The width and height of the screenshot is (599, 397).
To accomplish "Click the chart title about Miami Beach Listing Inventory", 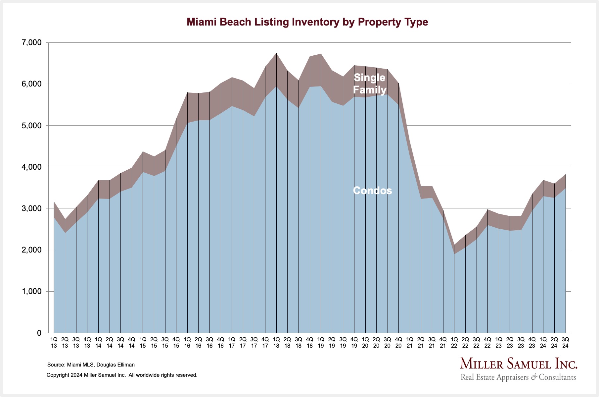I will pos(307,22).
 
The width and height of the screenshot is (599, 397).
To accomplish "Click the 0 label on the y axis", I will pos(39,333).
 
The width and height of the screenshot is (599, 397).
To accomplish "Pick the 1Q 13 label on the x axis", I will pos(54,343).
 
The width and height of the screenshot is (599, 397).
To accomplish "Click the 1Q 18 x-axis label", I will pos(276,343).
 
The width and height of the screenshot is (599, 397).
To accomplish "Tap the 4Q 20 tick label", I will pos(398,343).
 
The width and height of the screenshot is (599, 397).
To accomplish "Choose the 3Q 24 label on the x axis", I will pos(565,343).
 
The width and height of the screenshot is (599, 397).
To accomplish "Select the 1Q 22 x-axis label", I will pos(454,343).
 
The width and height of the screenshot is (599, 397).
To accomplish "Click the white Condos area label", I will pos(372,191).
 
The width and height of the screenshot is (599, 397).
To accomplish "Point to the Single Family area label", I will pos(370,84).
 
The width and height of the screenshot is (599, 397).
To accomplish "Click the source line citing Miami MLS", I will pos(91,365).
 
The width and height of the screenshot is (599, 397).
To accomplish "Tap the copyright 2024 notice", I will pos(122,375).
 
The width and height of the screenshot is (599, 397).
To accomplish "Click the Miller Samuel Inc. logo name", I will pos(519,364).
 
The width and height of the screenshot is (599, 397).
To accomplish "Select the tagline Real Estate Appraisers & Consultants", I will pos(518,377).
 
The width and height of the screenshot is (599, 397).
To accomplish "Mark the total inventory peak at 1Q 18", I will pos(276,53).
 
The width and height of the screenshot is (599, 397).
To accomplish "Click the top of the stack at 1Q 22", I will pos(454,245).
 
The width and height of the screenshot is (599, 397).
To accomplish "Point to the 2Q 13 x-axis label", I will pos(65,343).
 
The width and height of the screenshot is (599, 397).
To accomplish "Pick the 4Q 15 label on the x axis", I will pos(176,343).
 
